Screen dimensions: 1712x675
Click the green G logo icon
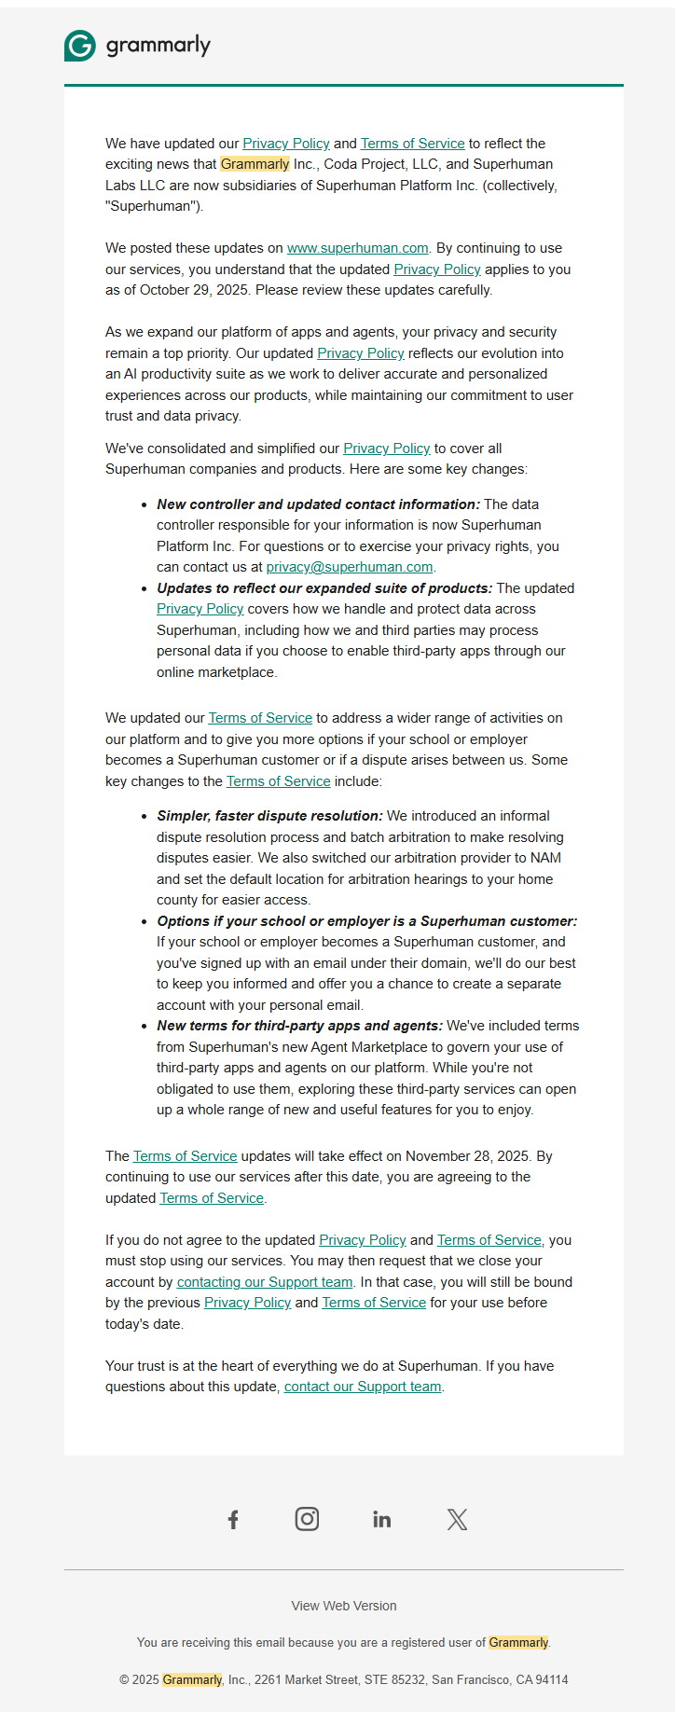tap(80, 45)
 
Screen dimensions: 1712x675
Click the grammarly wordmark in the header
tap(158, 45)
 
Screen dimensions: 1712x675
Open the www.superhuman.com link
tap(357, 248)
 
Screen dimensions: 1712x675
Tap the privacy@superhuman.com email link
tap(350, 567)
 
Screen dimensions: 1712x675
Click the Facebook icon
tap(233, 1519)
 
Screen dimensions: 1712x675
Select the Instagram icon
tap(307, 1519)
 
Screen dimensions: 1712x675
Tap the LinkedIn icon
tap(382, 1519)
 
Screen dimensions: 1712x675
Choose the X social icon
tap(457, 1519)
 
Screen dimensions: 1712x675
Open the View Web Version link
tap(344, 1606)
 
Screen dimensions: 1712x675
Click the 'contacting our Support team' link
tap(265, 1282)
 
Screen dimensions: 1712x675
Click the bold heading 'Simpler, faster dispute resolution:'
tap(269, 816)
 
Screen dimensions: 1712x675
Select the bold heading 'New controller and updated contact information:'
tap(318, 504)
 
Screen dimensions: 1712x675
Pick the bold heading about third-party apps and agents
tap(299, 1026)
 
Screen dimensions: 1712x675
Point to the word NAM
tap(545, 858)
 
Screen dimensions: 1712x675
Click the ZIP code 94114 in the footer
tap(551, 1679)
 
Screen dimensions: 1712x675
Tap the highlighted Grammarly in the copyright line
tap(192, 1679)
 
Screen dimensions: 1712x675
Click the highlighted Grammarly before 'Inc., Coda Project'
tap(255, 164)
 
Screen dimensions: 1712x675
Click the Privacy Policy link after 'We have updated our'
tap(285, 144)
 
